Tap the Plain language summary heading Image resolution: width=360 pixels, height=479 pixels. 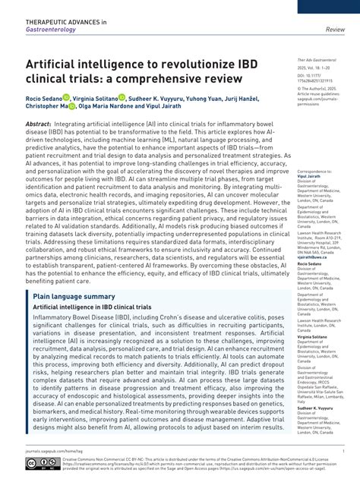pos(74,296)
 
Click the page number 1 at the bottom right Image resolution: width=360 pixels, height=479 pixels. pos(343,450)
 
